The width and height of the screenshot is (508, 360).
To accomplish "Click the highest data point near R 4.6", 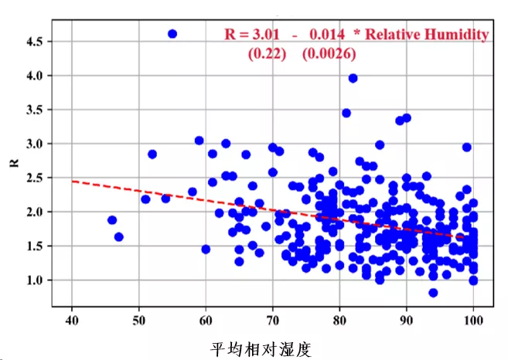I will (172, 34).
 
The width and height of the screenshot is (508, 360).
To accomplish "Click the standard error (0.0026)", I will (328, 54).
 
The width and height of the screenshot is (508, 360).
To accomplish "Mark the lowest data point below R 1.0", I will (433, 293).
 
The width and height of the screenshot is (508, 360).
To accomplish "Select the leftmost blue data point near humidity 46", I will (112, 220).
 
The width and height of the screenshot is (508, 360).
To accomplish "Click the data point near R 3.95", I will (353, 78).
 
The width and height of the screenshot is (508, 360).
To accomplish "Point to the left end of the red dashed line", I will (72, 181).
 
